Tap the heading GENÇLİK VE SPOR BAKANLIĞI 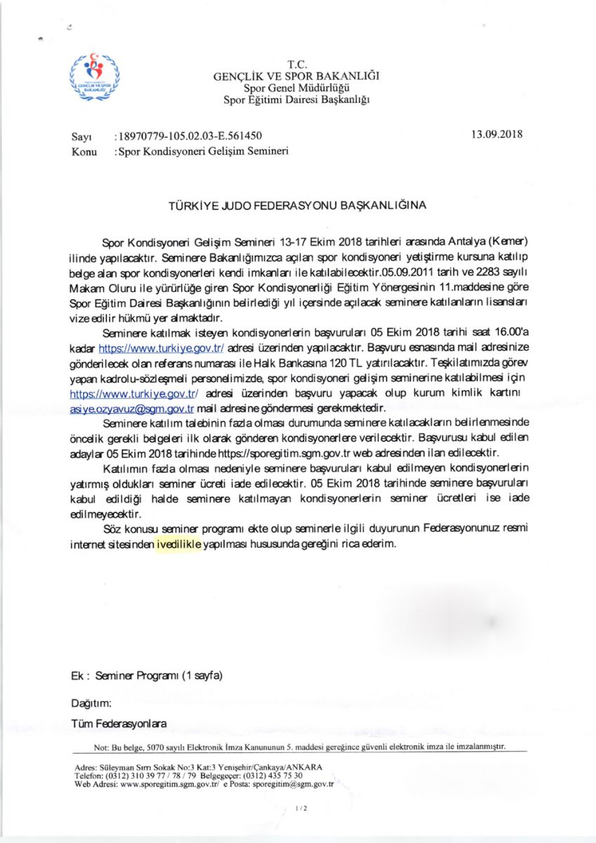tap(297, 77)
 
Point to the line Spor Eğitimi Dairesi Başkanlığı tap(297, 99)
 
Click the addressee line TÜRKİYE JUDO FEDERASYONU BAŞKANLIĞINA tap(297, 207)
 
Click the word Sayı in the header tap(82, 136)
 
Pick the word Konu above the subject tap(84, 150)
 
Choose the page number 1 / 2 tap(302, 809)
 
